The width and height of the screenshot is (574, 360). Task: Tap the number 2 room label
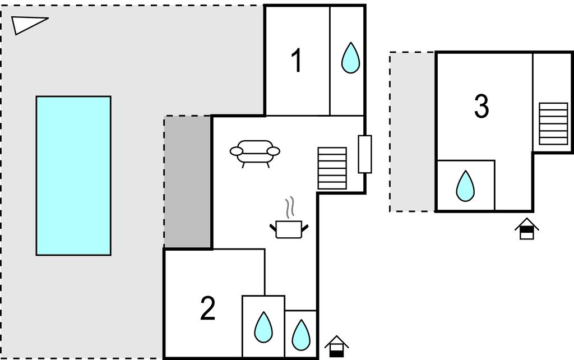point(207,308)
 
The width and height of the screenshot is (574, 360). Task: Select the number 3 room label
point(481,106)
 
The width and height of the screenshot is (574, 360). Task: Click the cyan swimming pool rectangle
point(73,176)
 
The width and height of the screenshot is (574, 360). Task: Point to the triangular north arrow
point(28,24)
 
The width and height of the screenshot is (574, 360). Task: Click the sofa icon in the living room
point(255,153)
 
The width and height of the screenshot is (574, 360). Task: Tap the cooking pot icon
point(289,229)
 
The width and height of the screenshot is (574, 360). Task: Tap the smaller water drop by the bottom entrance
point(300,334)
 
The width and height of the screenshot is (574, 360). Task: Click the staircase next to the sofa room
point(332,168)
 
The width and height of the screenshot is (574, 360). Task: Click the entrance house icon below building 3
point(526,229)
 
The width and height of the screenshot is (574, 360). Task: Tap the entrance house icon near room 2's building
point(336,347)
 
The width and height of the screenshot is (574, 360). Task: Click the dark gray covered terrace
point(188,182)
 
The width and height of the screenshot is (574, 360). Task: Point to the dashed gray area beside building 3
point(412,132)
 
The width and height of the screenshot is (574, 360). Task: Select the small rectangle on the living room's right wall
point(365,154)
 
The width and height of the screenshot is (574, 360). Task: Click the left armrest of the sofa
point(236,151)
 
